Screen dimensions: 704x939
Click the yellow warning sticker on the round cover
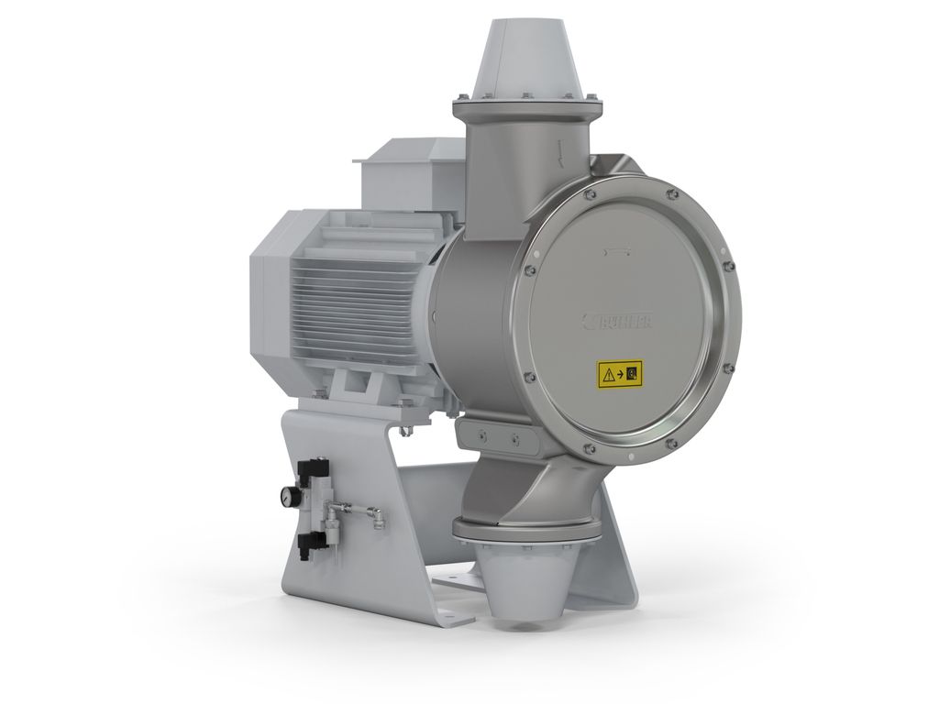[x=620, y=372]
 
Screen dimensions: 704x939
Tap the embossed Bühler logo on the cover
[x=625, y=320]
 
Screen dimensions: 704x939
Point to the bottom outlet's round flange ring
[x=527, y=530]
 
